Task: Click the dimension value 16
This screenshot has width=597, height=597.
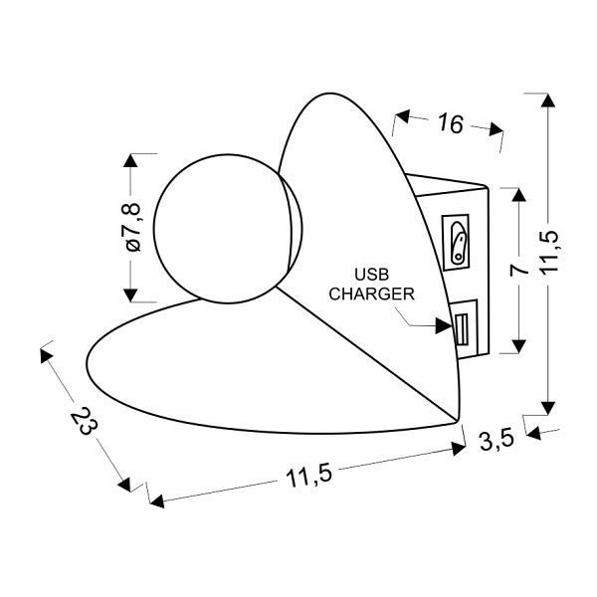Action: pyautogui.click(x=451, y=123)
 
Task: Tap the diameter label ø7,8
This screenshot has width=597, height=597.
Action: pyautogui.click(x=133, y=228)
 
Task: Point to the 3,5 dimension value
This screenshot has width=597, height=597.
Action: pyautogui.click(x=497, y=440)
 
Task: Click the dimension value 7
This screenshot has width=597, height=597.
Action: pyautogui.click(x=519, y=270)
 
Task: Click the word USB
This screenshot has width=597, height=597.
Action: pyautogui.click(x=371, y=275)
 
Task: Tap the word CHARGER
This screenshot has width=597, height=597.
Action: pyautogui.click(x=371, y=294)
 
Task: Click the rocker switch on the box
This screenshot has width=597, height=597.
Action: pyautogui.click(x=457, y=243)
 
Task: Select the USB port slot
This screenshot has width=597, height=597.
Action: pyautogui.click(x=462, y=329)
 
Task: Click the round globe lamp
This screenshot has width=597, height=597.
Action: pyautogui.click(x=228, y=229)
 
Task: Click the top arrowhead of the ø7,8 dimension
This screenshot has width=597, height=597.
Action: pyautogui.click(x=130, y=160)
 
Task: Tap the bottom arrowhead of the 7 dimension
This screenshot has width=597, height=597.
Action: pyautogui.click(x=518, y=346)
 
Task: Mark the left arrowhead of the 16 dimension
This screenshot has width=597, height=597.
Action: pyautogui.click(x=402, y=116)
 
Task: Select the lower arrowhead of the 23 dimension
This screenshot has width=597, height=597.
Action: pyautogui.click(x=125, y=485)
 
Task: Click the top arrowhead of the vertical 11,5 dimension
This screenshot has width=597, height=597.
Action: pyautogui.click(x=548, y=100)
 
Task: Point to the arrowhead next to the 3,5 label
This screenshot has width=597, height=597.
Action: pyautogui.click(x=533, y=433)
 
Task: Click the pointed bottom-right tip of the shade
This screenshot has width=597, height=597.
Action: pyautogui.click(x=458, y=421)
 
